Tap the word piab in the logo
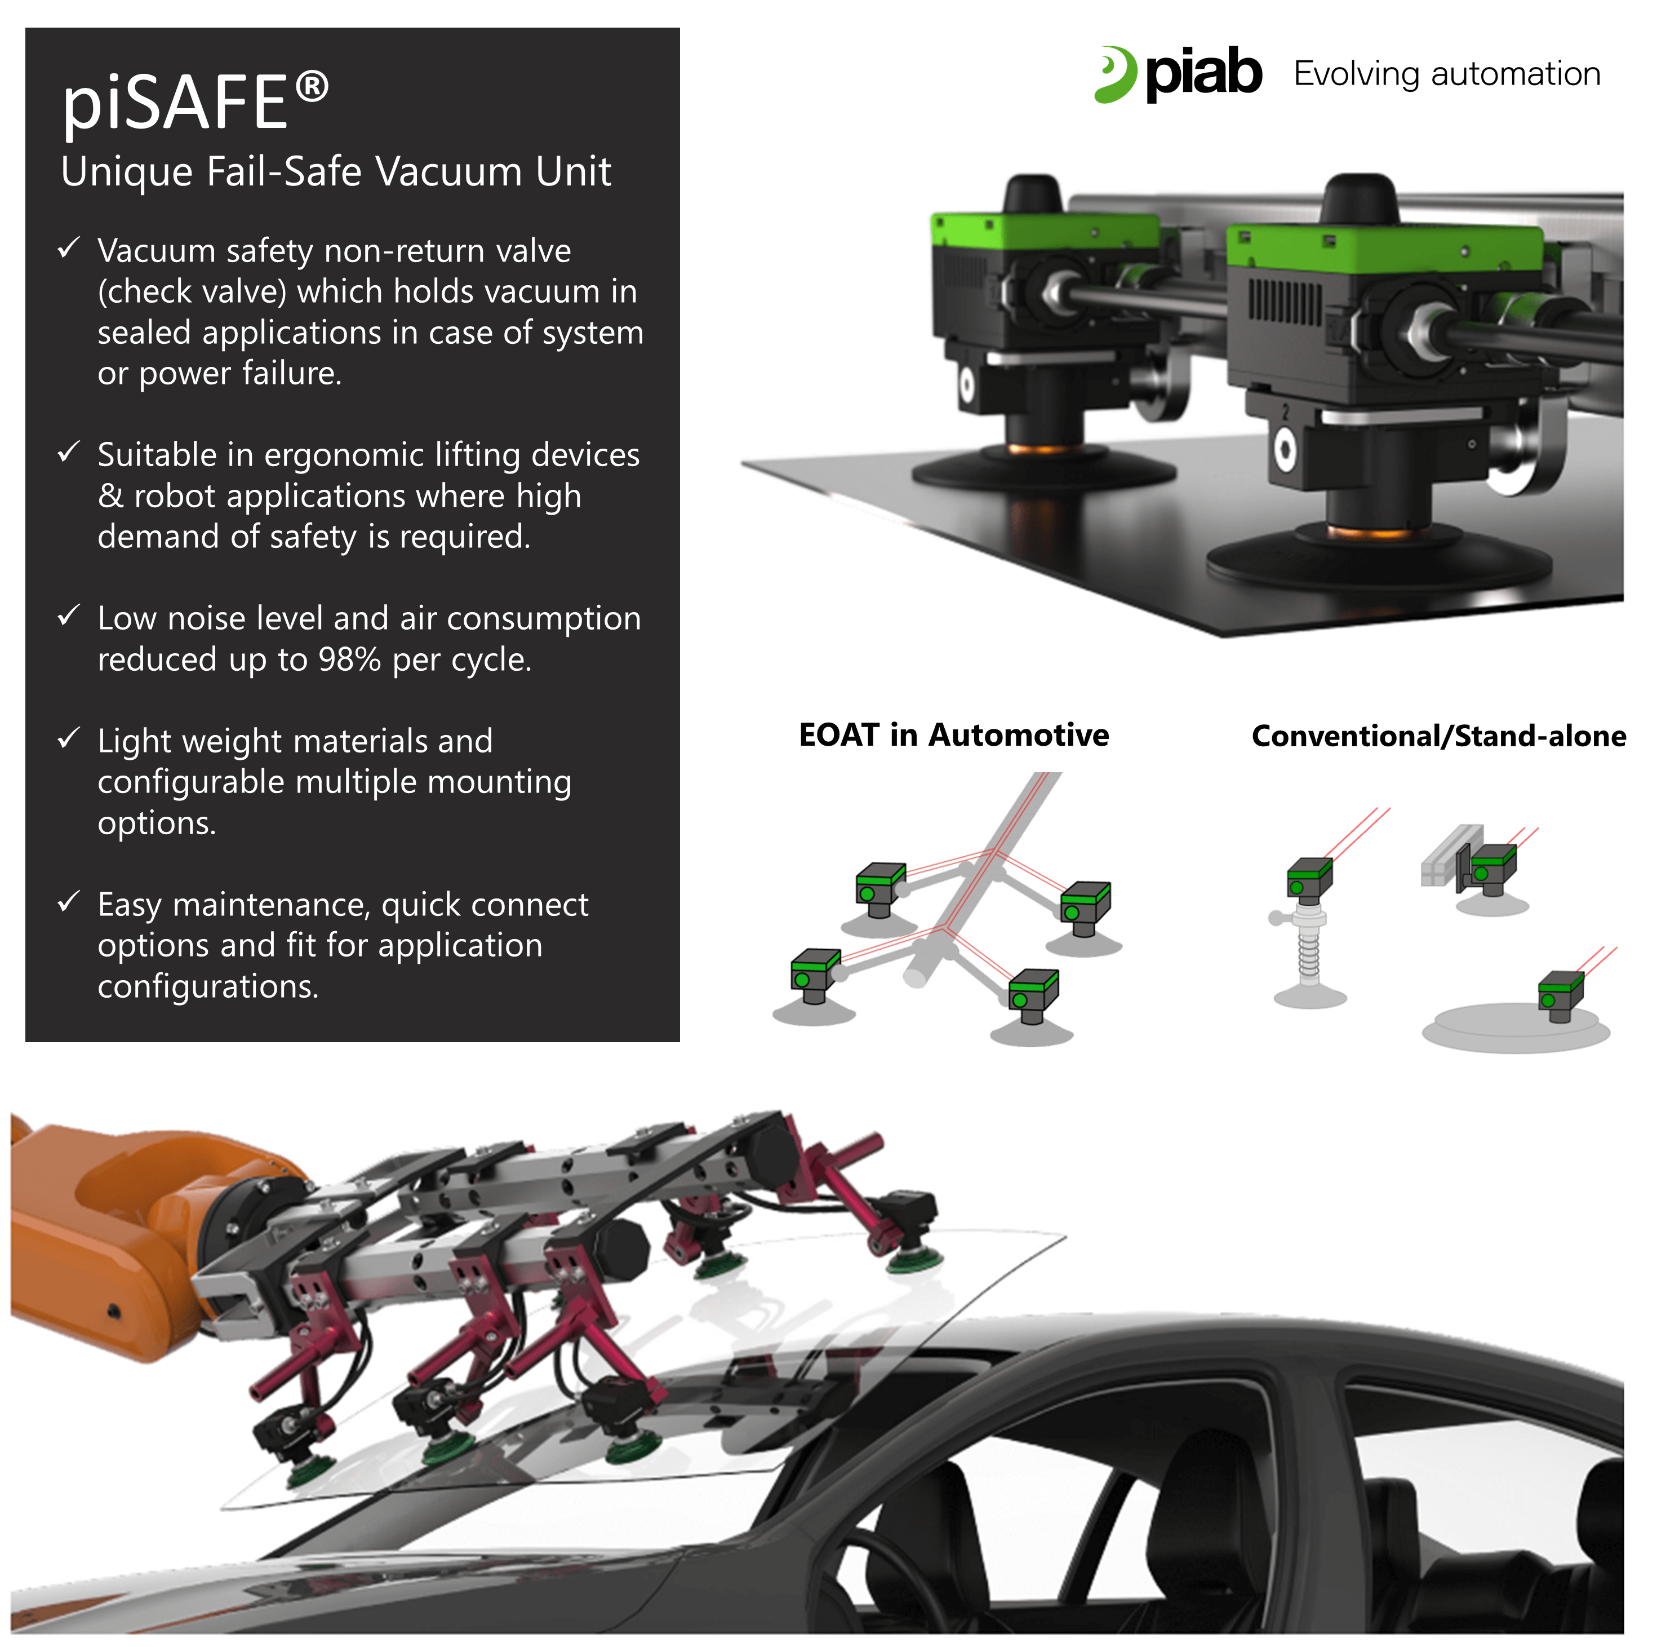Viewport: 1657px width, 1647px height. (1203, 74)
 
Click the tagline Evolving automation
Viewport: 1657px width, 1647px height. (1447, 74)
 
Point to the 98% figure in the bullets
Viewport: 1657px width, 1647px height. (349, 659)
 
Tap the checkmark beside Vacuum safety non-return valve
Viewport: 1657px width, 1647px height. (69, 249)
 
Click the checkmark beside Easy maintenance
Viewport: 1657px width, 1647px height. (69, 902)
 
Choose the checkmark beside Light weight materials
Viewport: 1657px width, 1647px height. (69, 738)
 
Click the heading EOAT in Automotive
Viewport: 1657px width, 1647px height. (954, 735)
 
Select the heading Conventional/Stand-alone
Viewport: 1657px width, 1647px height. (1439, 736)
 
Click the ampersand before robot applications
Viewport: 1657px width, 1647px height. (110, 496)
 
